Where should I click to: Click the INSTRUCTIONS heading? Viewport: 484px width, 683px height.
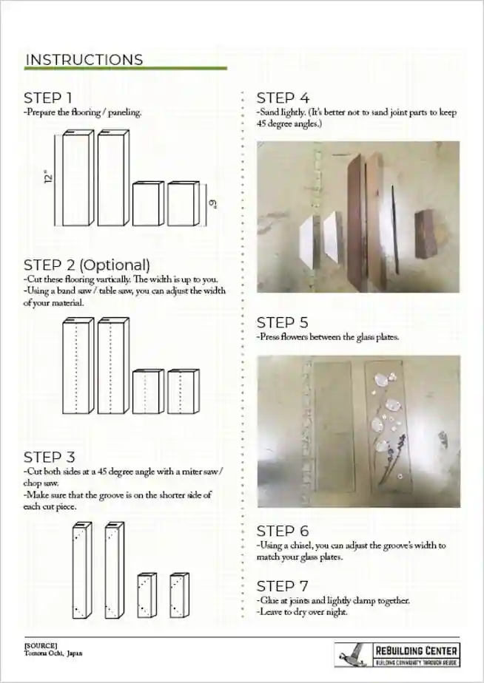tap(84, 60)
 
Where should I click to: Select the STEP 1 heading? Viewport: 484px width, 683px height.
tap(48, 98)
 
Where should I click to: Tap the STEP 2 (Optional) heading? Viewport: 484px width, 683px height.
tap(87, 265)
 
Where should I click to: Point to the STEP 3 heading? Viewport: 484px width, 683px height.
tap(49, 458)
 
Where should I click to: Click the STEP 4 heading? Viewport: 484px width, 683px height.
tap(283, 98)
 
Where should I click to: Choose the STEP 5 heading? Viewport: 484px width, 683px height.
tap(283, 322)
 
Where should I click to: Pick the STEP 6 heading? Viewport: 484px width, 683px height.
tap(283, 531)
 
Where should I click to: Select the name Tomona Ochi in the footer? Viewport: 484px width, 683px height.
tap(43, 653)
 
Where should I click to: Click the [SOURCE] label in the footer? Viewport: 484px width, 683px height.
tap(40, 645)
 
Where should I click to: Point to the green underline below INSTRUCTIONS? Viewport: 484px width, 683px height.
tap(125, 69)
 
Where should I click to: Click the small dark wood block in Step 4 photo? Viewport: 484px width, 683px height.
tap(424, 234)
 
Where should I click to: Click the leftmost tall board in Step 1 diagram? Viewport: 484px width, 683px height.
tap(76, 180)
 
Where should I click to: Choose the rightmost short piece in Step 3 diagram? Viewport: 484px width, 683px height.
tap(179, 596)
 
